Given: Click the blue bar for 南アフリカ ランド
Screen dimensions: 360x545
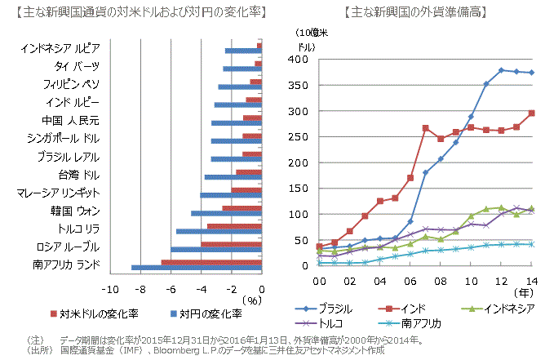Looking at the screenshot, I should [197, 267].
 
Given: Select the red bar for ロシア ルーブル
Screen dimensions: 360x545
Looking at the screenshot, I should [232, 243].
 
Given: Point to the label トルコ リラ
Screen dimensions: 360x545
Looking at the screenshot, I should [78, 229].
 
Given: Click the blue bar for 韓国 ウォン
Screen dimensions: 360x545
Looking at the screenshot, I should [227, 213].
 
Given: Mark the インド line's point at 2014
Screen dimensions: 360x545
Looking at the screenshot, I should [532, 113].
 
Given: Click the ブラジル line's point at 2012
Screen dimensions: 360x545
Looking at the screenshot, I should [502, 70].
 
